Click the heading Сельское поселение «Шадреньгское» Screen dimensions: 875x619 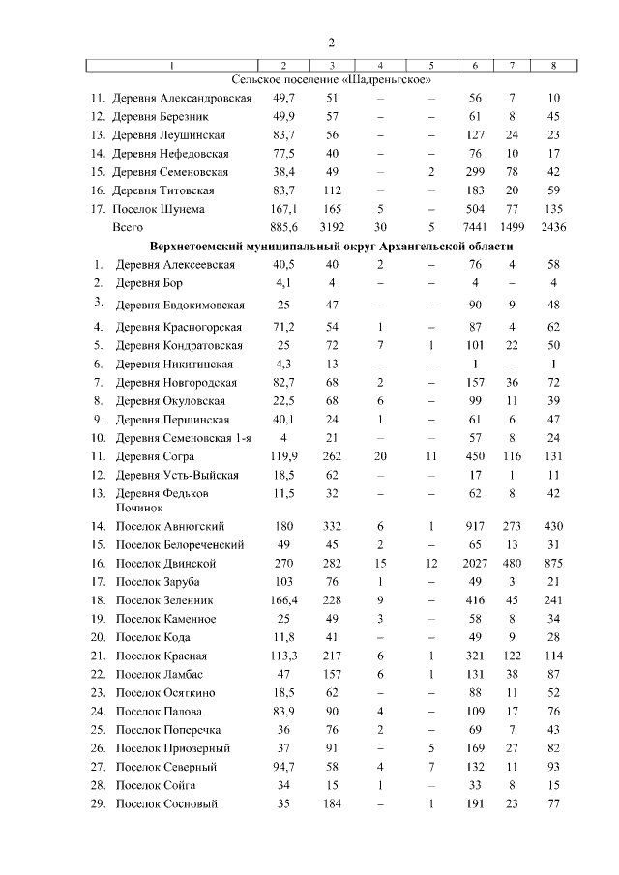coord(332,79)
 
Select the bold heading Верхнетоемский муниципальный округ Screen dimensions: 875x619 coord(333,247)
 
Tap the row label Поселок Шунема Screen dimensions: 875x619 coord(160,209)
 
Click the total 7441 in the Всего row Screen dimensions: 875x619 coord(475,227)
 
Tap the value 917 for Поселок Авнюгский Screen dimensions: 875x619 coord(475,526)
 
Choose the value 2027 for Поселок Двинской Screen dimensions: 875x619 coord(475,563)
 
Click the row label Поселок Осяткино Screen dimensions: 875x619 coord(165,692)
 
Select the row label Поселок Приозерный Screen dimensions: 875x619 coord(172,747)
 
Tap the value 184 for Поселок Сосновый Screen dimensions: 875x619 coord(332,803)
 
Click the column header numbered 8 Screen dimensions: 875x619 coord(553,65)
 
